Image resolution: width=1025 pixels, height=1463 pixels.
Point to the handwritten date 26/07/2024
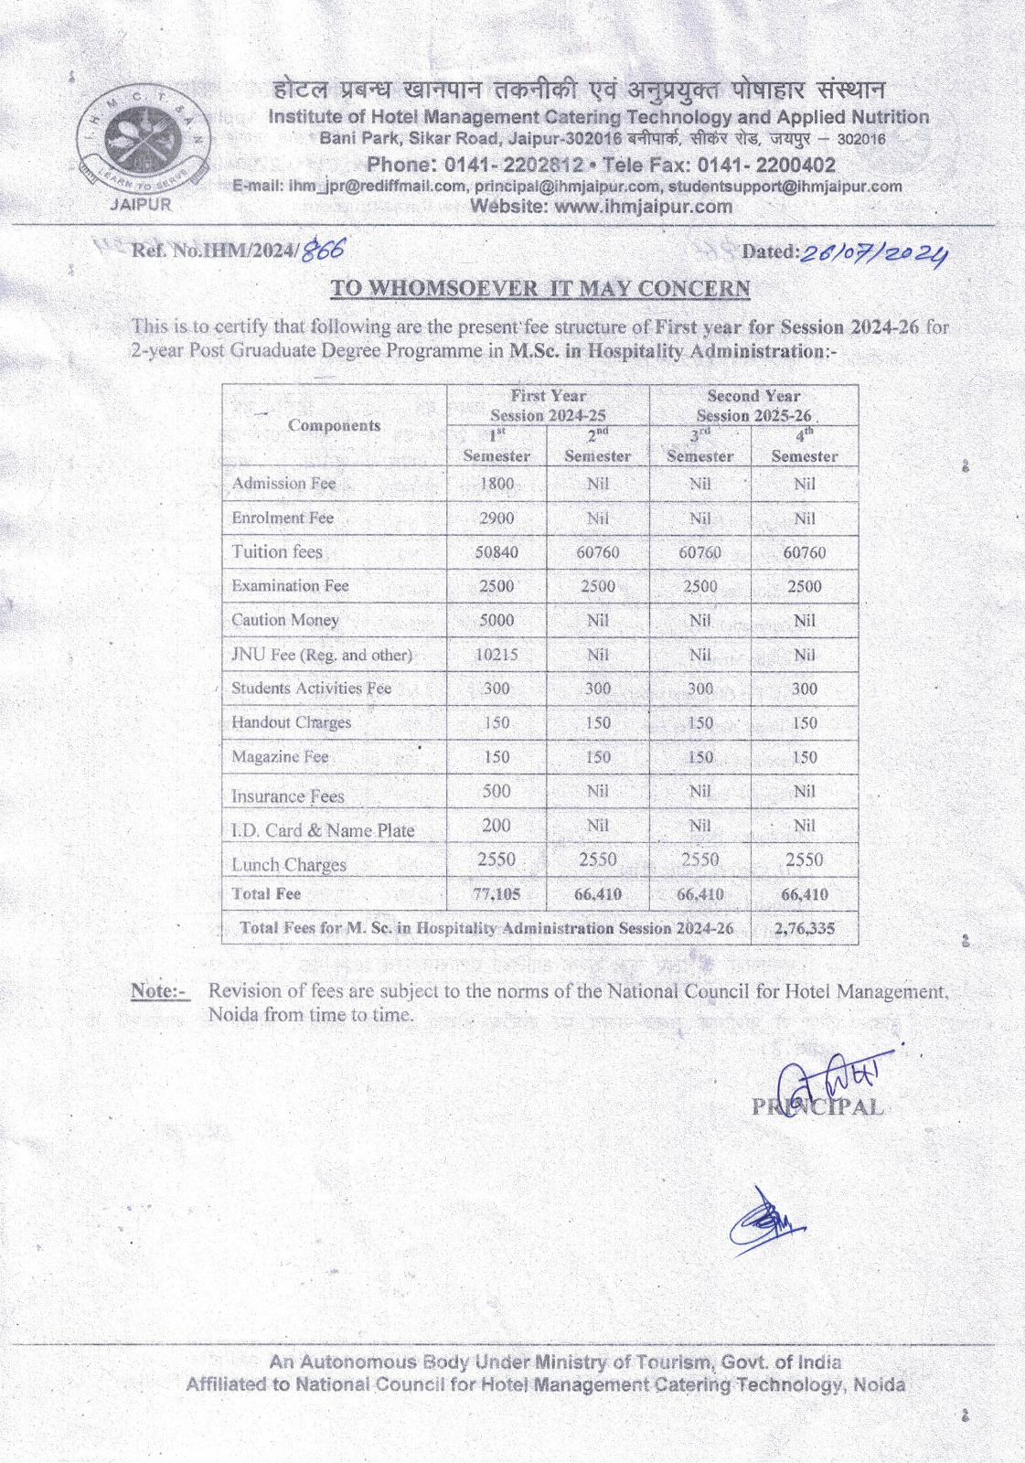873,251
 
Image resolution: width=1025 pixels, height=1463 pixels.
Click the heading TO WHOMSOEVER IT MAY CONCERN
540,288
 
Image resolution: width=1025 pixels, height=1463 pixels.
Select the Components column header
334,425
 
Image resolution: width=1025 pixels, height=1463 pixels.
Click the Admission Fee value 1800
496,484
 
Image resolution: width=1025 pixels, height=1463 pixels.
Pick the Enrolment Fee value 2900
496,518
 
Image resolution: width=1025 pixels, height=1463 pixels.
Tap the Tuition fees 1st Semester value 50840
496,552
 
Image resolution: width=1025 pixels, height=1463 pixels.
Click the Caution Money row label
285,620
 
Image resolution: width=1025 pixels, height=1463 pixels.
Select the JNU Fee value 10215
496,655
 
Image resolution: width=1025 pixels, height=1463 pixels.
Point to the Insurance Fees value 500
496,791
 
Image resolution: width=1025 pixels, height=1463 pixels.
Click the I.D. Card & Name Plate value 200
496,825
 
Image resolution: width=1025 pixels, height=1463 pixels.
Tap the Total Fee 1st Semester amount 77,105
496,894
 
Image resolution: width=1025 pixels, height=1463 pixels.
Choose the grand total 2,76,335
804,928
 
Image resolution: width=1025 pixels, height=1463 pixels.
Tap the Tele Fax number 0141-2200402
766,166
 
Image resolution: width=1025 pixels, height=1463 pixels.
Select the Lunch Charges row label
289,864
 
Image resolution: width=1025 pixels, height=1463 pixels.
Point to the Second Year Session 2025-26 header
753,405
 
